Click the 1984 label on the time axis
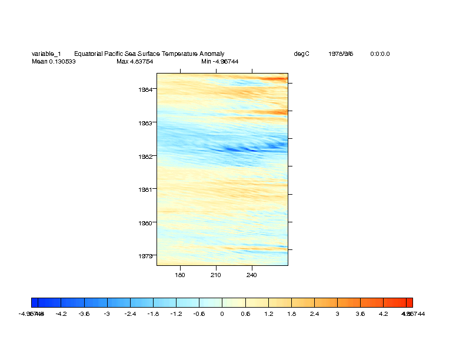click(146, 89)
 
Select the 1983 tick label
click(146, 123)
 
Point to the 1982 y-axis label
click(146, 156)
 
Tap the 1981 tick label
click(146, 189)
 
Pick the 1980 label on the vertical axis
click(146, 223)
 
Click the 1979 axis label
click(146, 256)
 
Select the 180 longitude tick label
click(180, 275)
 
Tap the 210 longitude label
click(216, 275)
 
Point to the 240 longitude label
click(252, 275)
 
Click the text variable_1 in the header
click(46, 54)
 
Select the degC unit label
click(301, 54)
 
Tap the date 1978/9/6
click(341, 54)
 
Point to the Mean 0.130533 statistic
click(54, 61)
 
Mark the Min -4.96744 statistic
click(219, 61)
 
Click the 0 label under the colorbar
click(222, 314)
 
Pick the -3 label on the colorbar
click(106, 314)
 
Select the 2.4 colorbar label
click(314, 314)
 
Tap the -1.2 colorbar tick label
click(175, 314)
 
